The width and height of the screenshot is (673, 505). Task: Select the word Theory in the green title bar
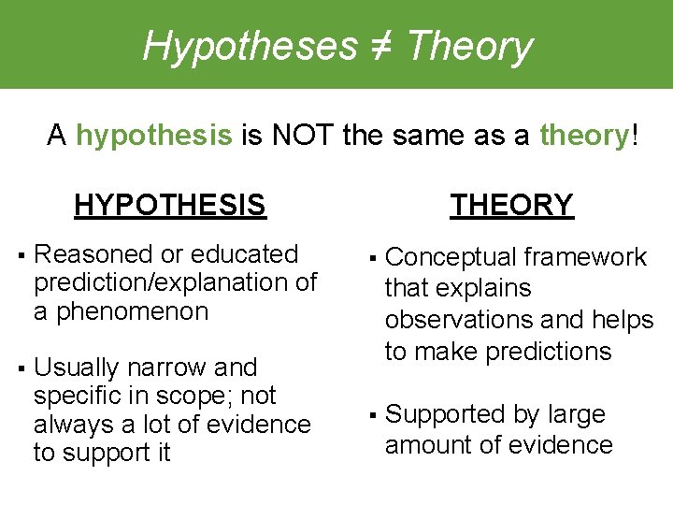click(470, 45)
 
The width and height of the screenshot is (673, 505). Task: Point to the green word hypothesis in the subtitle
click(153, 137)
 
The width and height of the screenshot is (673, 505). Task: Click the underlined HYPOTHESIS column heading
click(170, 204)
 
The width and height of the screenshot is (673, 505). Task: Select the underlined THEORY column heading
click(511, 204)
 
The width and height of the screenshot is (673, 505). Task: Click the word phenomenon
click(133, 310)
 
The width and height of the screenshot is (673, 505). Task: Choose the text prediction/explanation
click(153, 282)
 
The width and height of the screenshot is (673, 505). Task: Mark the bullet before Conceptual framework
click(372, 258)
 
